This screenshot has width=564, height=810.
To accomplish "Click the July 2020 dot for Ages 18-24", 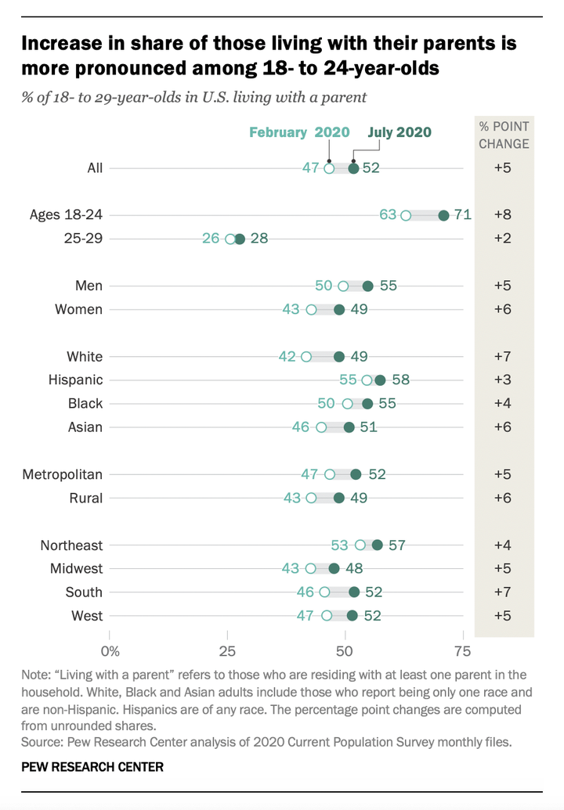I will pyautogui.click(x=443, y=215).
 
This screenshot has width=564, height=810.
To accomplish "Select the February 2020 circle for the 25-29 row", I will pyautogui.click(x=230, y=239).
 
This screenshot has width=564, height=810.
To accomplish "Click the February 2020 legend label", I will pyautogui.click(x=299, y=131).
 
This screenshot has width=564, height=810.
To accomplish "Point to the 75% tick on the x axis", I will pyautogui.click(x=462, y=651).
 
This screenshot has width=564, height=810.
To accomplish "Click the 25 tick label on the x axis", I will pyautogui.click(x=227, y=651).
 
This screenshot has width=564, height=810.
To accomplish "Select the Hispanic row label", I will pyautogui.click(x=75, y=380).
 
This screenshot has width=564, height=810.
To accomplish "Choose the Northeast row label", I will pyautogui.click(x=72, y=545).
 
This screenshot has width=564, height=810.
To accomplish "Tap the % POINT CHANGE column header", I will pyautogui.click(x=504, y=135).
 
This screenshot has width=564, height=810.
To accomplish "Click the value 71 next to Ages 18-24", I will pyautogui.click(x=462, y=214).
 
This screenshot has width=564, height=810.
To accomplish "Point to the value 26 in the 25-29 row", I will pyautogui.click(x=211, y=238).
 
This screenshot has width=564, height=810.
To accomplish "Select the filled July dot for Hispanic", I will pyautogui.click(x=380, y=380).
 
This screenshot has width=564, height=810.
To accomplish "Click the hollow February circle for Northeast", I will pyautogui.click(x=360, y=545).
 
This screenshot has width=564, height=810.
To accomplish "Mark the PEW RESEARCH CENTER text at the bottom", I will pyautogui.click(x=92, y=766).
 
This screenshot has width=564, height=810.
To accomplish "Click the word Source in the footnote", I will pyautogui.click(x=41, y=742).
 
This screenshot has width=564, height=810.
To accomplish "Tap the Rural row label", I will pyautogui.click(x=85, y=498).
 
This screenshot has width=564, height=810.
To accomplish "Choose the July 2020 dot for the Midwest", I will pyautogui.click(x=334, y=569).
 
